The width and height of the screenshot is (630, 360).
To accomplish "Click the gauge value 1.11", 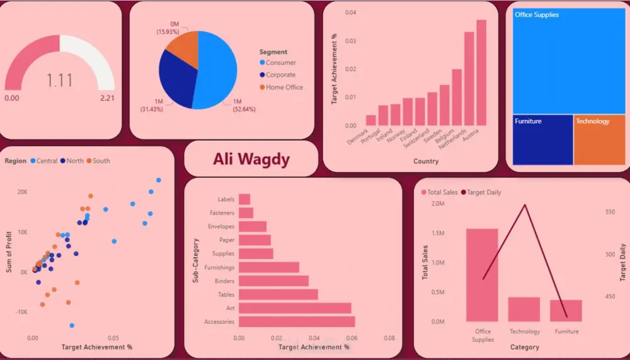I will click(x=59, y=81).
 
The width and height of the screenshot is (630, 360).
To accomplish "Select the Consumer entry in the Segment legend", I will click(x=280, y=62).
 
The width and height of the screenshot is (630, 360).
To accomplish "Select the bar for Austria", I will click(x=481, y=73).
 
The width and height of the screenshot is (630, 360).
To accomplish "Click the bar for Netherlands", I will click(x=469, y=79).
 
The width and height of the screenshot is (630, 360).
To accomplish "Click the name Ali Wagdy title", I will click(x=251, y=159).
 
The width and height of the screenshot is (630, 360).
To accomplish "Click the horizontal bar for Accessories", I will click(x=297, y=322).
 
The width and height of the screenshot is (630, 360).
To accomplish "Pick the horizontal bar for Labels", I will click(x=244, y=199).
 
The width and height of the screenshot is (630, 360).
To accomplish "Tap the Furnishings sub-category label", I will click(x=219, y=267).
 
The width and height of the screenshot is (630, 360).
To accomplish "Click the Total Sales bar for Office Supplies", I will click(x=482, y=275).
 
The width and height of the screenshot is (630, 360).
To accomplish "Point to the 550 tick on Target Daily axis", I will click(x=609, y=212).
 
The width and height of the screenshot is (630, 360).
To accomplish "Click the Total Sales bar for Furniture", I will click(x=566, y=311).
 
